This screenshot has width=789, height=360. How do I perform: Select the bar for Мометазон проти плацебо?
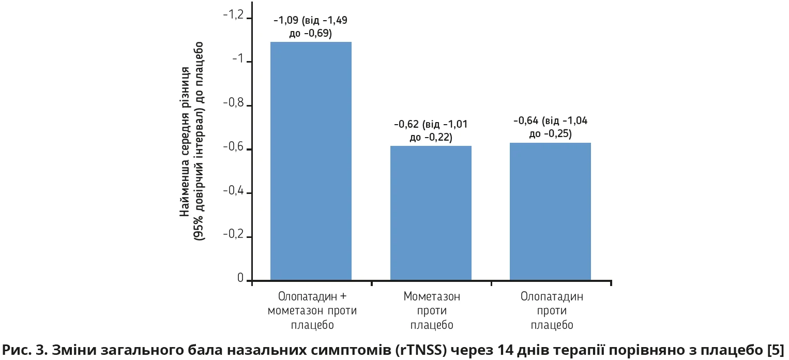(x=431, y=214)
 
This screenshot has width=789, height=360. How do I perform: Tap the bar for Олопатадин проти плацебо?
(x=550, y=212)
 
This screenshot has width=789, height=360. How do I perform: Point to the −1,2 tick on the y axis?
(x=232, y=16)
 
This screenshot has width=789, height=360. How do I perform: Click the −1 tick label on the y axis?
(x=237, y=59)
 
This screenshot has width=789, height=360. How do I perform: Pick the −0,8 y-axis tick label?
(x=232, y=103)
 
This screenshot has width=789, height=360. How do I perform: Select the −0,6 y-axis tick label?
(x=232, y=147)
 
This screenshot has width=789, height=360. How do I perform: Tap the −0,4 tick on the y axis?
(x=232, y=191)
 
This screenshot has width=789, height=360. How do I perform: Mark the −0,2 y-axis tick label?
(x=232, y=235)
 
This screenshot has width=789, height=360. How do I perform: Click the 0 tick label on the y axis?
(x=240, y=279)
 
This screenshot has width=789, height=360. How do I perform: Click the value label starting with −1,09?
(x=310, y=27)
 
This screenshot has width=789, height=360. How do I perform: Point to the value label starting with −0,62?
(x=431, y=131)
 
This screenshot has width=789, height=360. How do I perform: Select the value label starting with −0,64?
(x=550, y=128)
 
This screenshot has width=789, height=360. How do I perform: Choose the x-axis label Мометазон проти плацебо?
(x=432, y=311)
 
